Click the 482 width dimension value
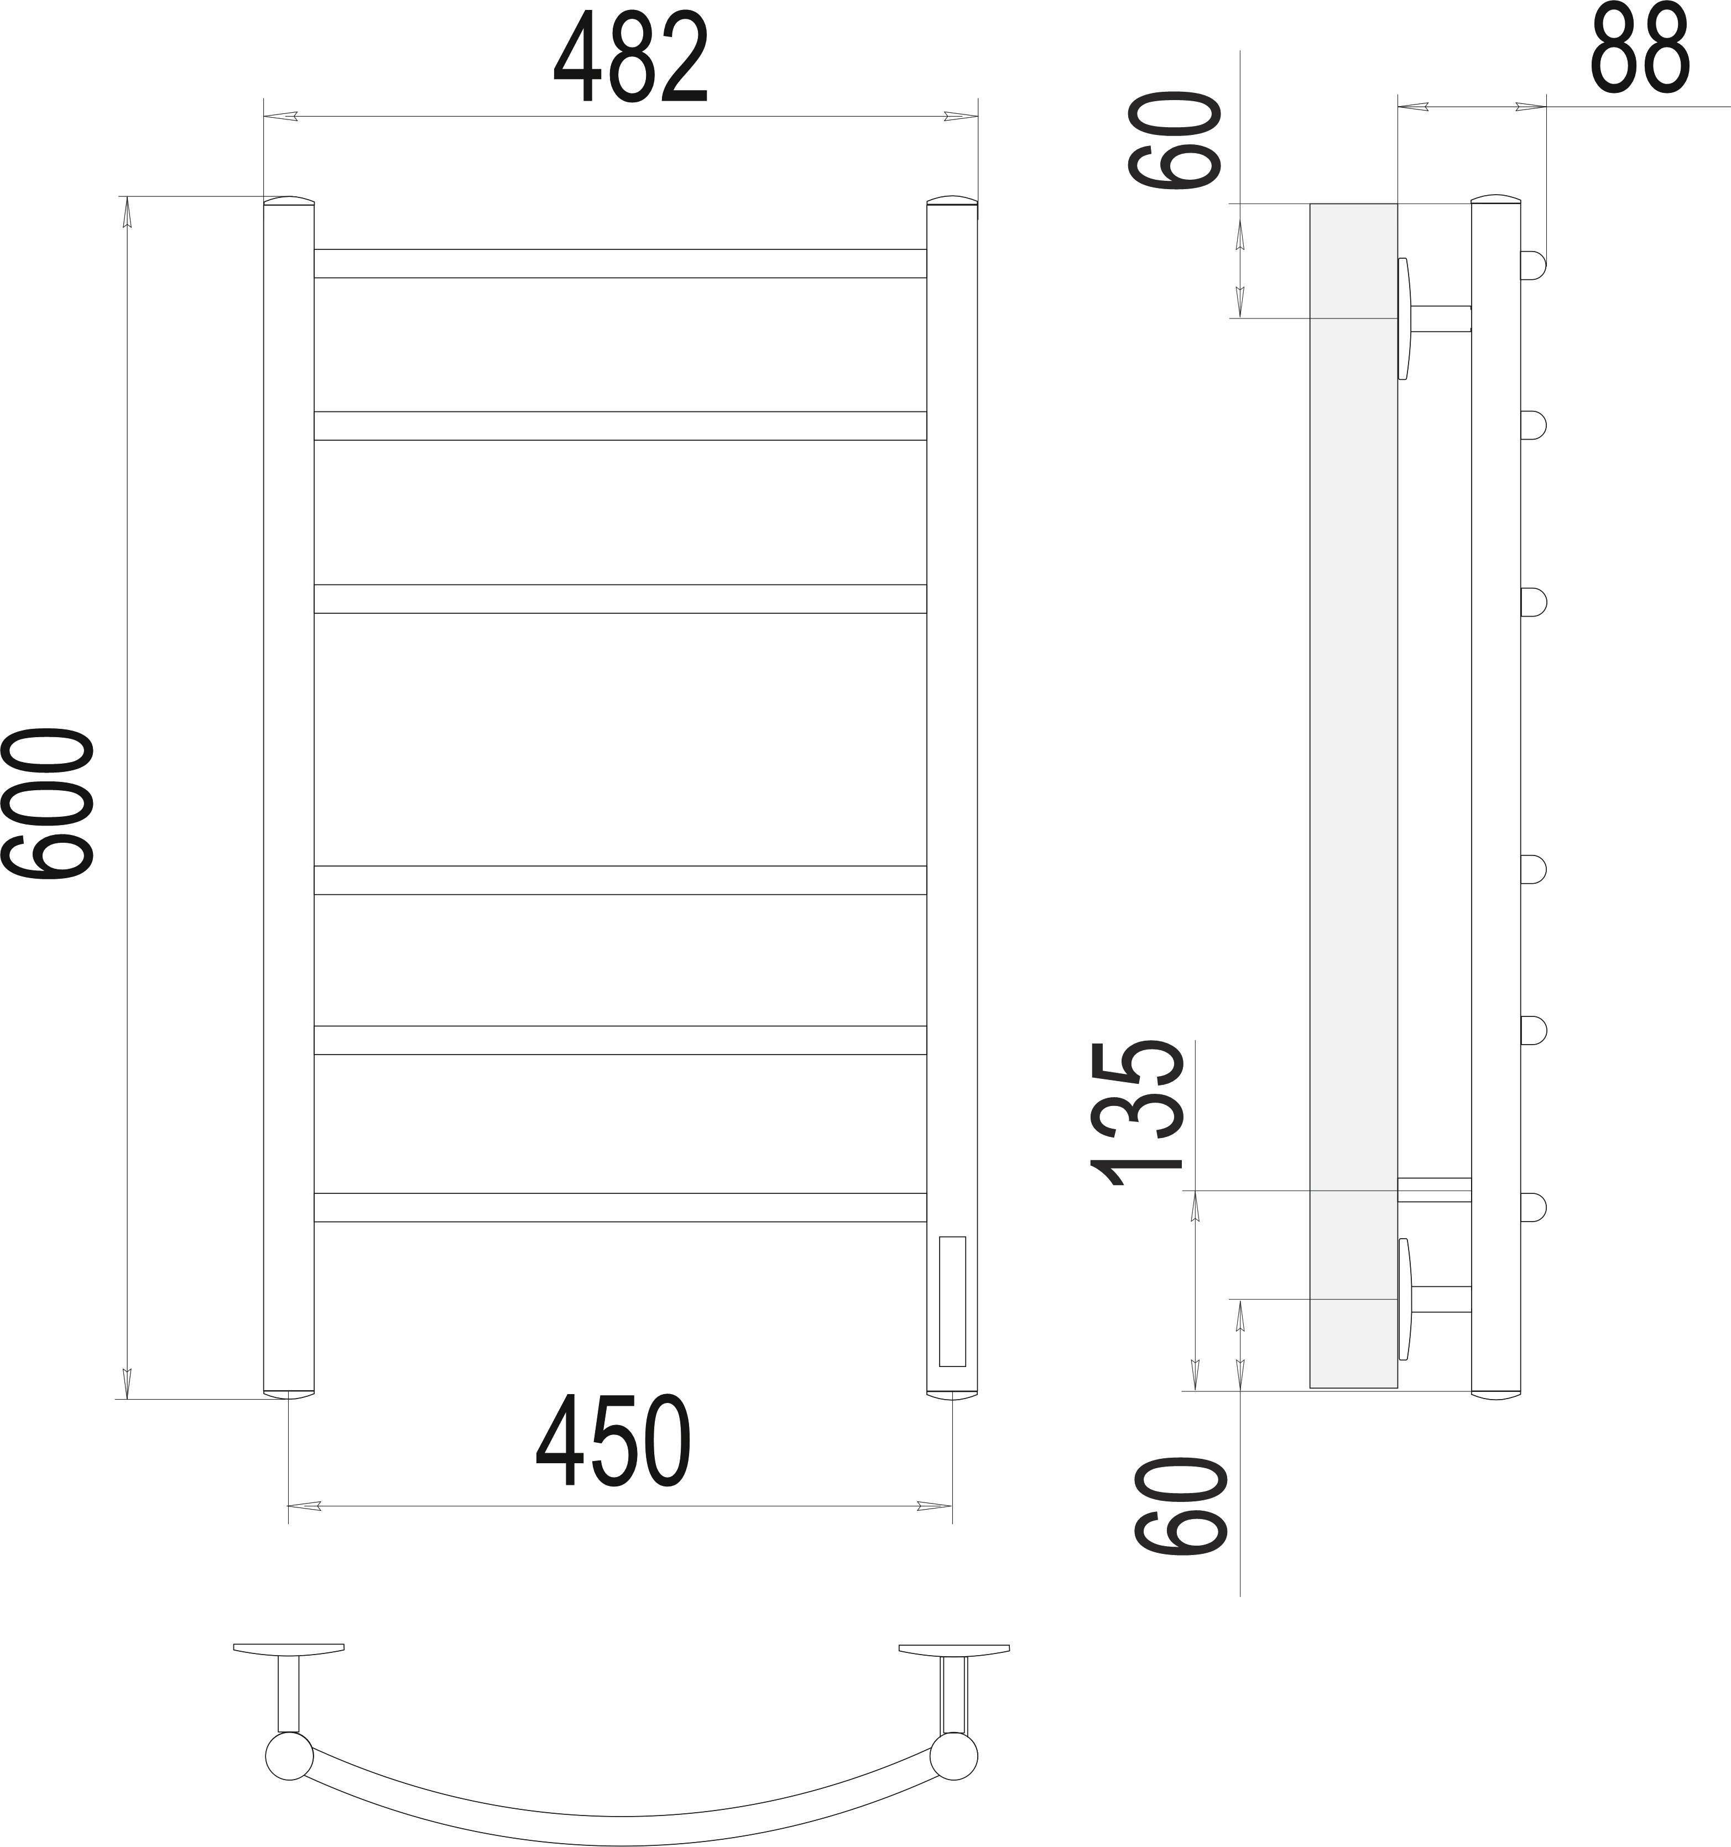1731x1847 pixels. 631,58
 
